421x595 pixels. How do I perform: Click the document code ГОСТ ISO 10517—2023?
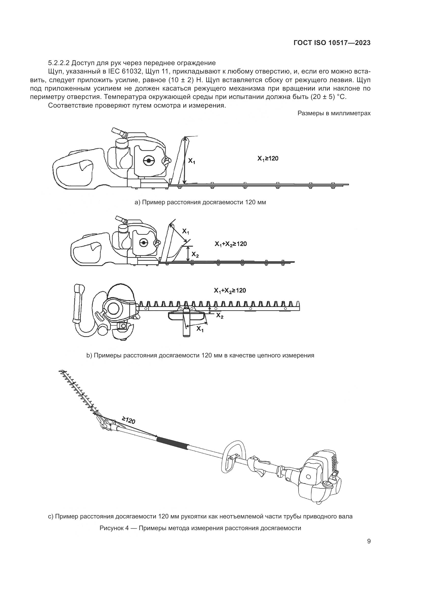332,43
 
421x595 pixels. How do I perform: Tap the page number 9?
369,541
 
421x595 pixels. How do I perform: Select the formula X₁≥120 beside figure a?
268,158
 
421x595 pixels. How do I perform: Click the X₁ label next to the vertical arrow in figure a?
192,161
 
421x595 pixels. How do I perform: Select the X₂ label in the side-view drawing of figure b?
195,255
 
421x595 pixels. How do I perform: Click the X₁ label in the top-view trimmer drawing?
200,329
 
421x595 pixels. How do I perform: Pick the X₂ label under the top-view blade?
220,315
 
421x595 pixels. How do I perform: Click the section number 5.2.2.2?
59,63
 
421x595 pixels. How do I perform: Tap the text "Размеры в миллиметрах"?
334,113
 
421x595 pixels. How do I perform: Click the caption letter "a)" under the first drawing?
137,202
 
